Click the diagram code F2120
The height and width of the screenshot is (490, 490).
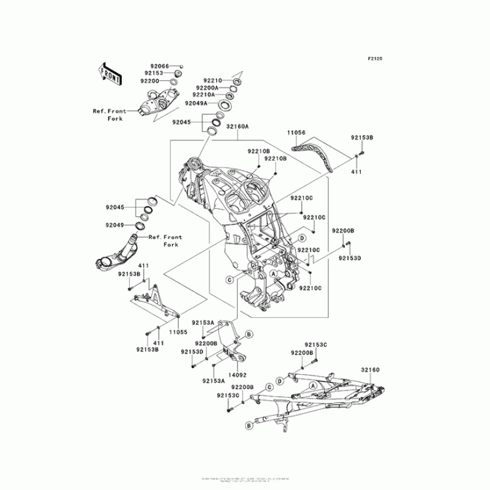375,59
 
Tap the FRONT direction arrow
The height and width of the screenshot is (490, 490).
110,73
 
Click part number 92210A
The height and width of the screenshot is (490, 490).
203,95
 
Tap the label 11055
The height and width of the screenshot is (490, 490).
178,331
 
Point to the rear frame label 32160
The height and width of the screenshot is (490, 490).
370,370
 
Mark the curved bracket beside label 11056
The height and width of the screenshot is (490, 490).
317,154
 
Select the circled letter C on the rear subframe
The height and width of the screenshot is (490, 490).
268,388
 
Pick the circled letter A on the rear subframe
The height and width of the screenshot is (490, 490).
313,385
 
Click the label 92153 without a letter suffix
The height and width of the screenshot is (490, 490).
153,73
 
